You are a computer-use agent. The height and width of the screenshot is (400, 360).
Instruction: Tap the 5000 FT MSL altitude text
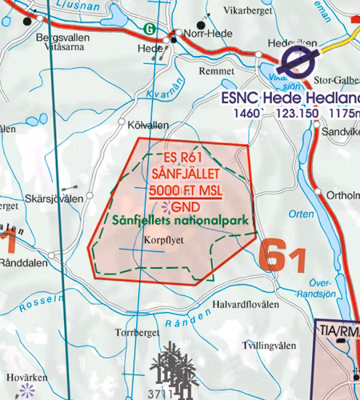(184, 190)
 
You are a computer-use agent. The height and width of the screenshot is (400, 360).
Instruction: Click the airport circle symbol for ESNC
(298, 58)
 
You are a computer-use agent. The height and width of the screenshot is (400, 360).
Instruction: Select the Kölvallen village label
(148, 126)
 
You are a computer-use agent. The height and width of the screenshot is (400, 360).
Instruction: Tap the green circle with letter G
(148, 29)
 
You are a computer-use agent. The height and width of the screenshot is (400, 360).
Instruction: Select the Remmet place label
(216, 71)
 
